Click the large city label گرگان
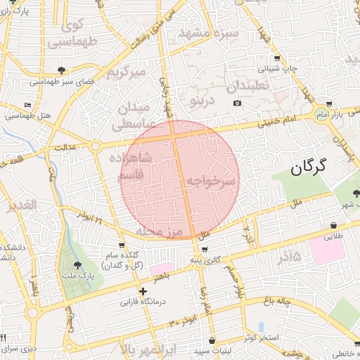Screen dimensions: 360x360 pos(309,166)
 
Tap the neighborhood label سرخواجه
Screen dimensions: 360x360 pos(210,181)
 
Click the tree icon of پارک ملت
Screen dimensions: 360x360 pos(77,265)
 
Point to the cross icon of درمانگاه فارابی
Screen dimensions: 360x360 pos(143,290)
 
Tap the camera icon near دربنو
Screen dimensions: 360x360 pos(238,103)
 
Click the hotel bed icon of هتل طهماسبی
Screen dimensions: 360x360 pos(28,105)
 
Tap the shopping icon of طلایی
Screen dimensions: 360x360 pos(333,225)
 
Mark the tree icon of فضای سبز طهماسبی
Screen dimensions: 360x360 pos(61,70)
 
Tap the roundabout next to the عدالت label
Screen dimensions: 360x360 pos(95,146)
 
